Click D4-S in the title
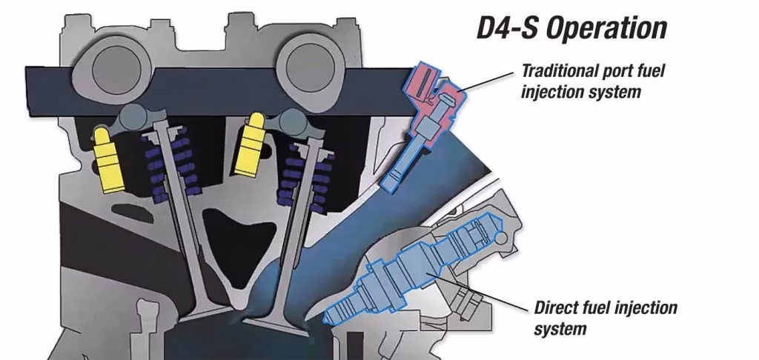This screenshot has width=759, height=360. tap(503, 28)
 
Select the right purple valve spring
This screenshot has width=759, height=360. tap(294, 174)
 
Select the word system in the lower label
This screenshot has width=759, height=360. tap(560, 327)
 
